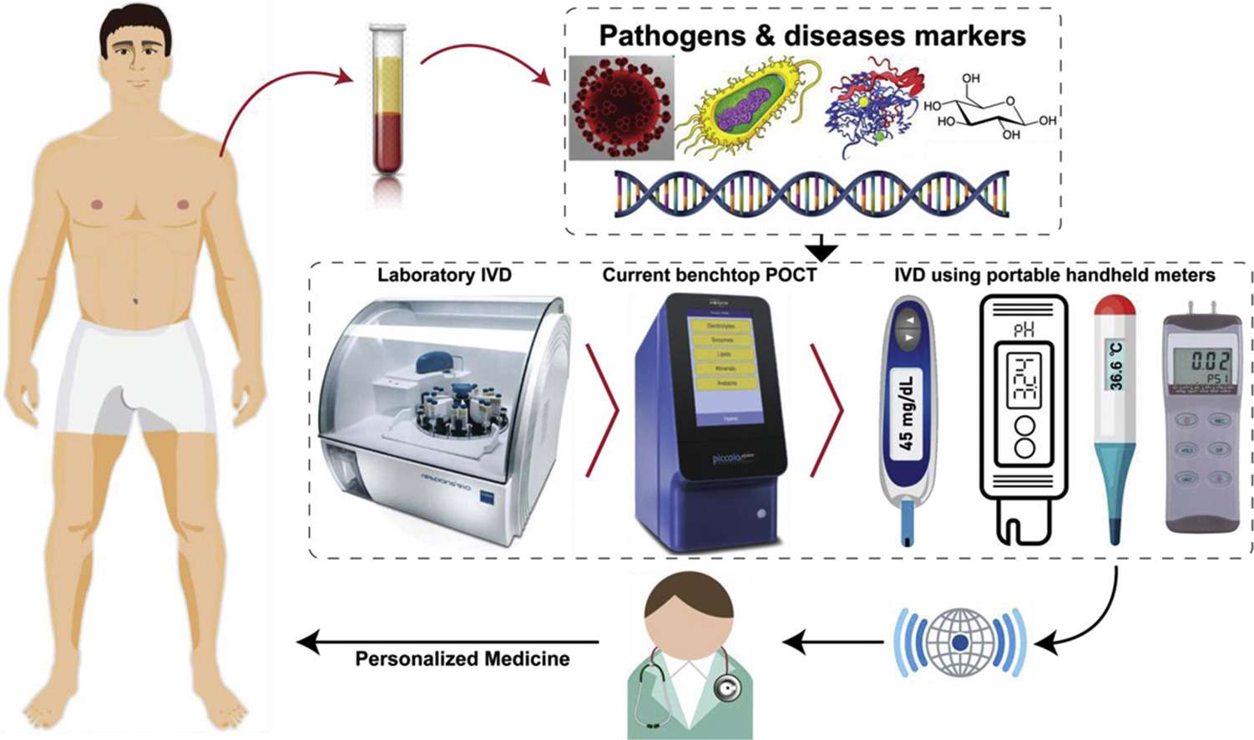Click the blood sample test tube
[387, 100]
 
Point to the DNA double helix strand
[811, 194]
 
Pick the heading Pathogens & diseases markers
[812, 35]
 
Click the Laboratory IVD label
[444, 275]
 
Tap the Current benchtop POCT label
[709, 275]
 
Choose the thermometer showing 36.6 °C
[1115, 418]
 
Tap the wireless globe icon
[960, 642]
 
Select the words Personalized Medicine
[463, 659]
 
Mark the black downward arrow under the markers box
[822, 248]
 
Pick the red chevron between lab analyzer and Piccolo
[603, 410]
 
